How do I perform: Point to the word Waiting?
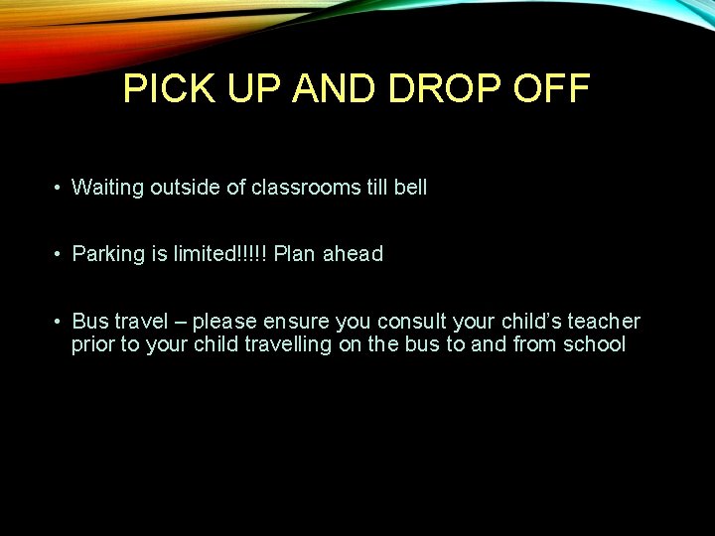pos(108,188)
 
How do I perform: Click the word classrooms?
pos(303,188)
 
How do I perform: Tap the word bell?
pos(410,188)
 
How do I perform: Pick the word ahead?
pos(353,254)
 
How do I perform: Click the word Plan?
pos(294,254)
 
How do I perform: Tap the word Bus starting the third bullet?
pos(90,322)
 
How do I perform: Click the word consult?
pos(410,322)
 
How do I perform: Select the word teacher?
pos(604,322)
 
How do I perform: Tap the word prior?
pos(92,346)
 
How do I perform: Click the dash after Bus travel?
pos(180,322)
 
